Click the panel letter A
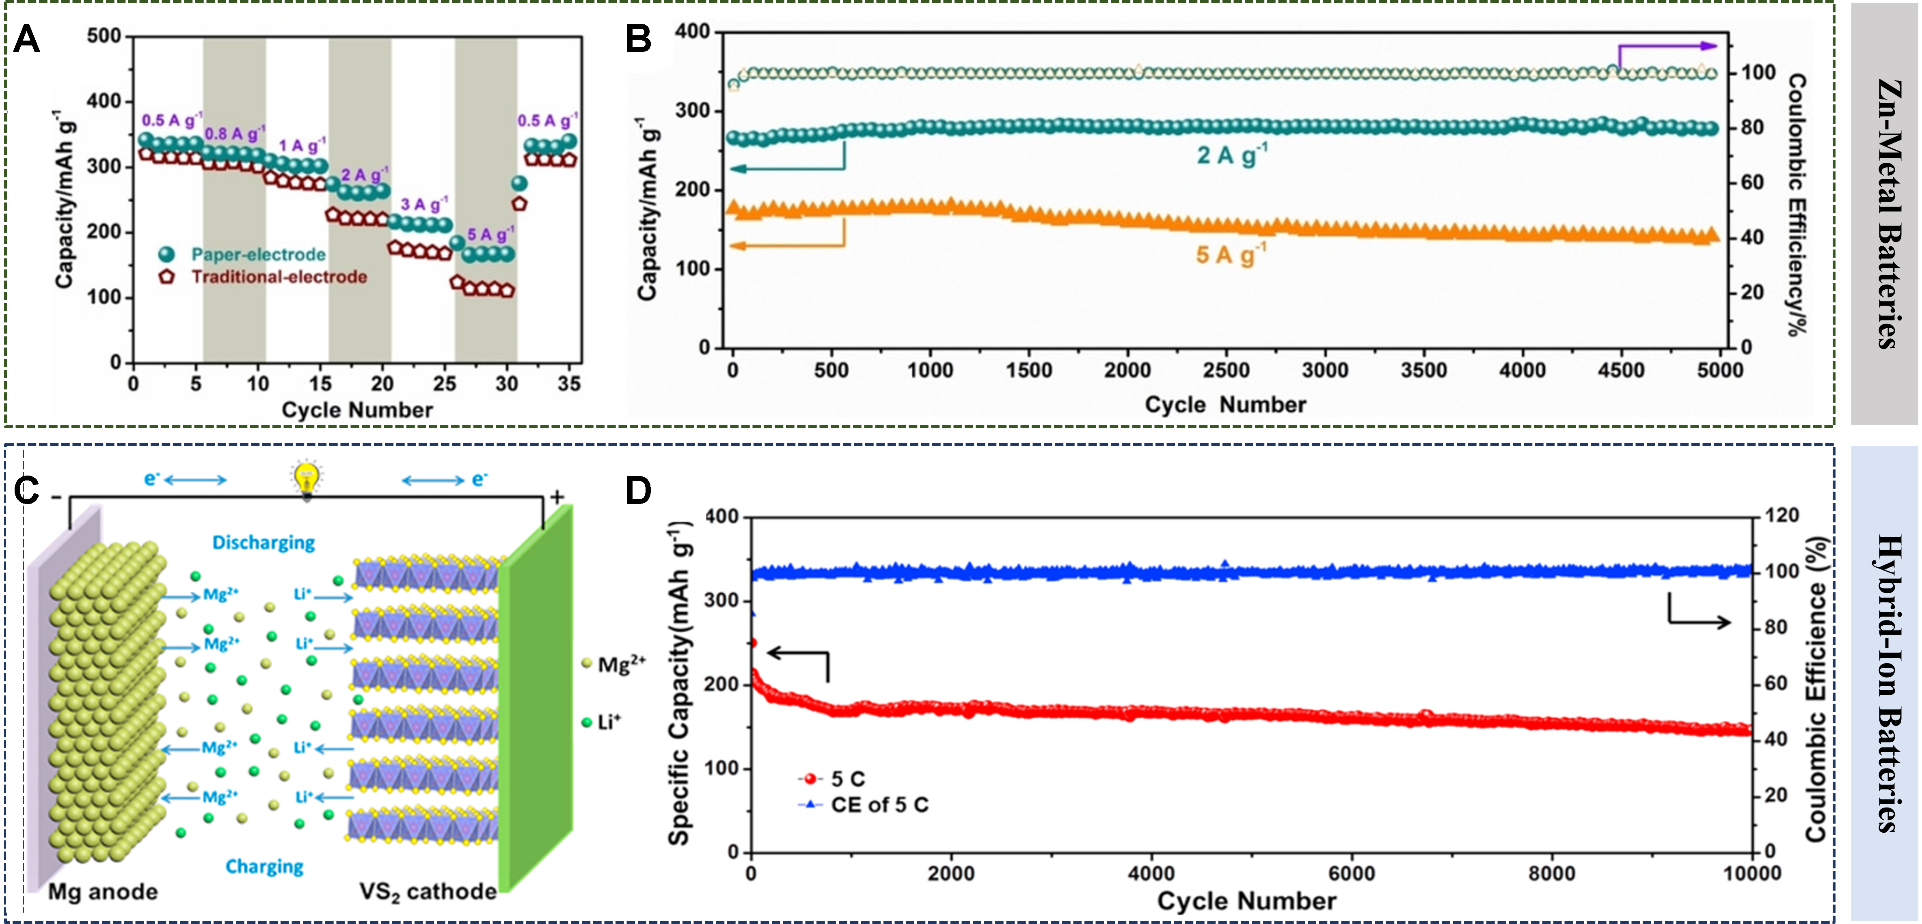pos(27,39)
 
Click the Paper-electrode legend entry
pos(257,254)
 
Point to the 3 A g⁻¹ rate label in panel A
pos(424,204)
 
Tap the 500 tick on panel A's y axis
pos(104,36)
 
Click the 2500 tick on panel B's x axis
pos(1226,370)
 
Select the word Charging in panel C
pos(264,866)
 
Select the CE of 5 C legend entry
pos(879,805)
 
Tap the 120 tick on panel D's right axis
pos(1782,515)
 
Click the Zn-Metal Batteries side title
pos(1886,213)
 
